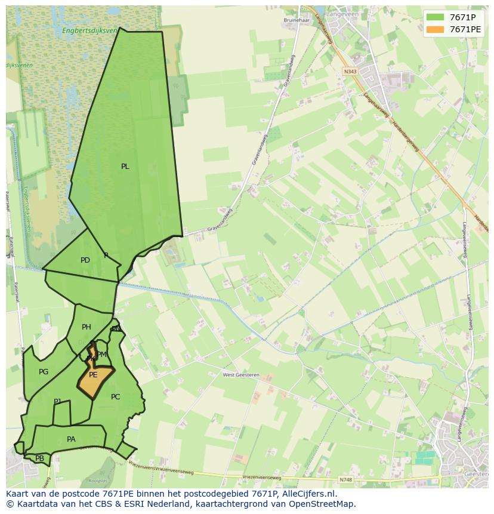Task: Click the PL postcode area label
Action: [x=125, y=167]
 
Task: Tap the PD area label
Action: [x=85, y=260]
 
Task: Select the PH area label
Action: [x=87, y=327]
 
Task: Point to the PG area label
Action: [x=44, y=372]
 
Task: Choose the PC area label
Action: [x=116, y=397]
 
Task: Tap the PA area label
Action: [x=71, y=439]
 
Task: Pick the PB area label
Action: [x=39, y=458]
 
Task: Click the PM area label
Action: [x=102, y=354]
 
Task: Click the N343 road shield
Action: [x=350, y=72]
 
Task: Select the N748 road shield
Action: [x=345, y=479]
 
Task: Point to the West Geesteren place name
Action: [x=241, y=375]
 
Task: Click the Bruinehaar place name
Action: [x=295, y=20]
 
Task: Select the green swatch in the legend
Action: [x=435, y=17]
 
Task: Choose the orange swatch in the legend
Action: [x=435, y=29]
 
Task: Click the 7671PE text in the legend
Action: [x=465, y=29]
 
